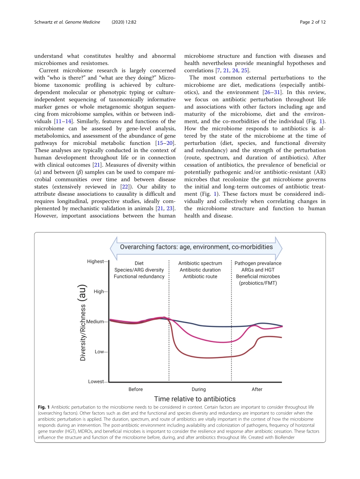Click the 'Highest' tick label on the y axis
(x=95, y=261)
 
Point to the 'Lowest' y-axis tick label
(x=95, y=382)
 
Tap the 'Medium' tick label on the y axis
(x=95, y=322)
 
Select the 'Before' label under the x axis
(x=136, y=389)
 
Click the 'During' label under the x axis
(x=199, y=389)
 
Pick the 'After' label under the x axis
(x=257, y=389)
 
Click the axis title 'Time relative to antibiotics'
(x=195, y=399)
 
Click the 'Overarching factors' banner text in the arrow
(x=196, y=247)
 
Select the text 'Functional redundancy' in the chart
(x=139, y=276)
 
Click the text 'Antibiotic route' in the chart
(x=200, y=276)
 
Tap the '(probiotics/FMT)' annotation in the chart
(x=258, y=283)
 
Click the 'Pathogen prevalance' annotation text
(x=258, y=263)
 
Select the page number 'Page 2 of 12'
(x=313, y=22)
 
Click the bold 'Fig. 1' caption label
(x=43, y=407)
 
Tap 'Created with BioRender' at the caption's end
(x=270, y=437)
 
